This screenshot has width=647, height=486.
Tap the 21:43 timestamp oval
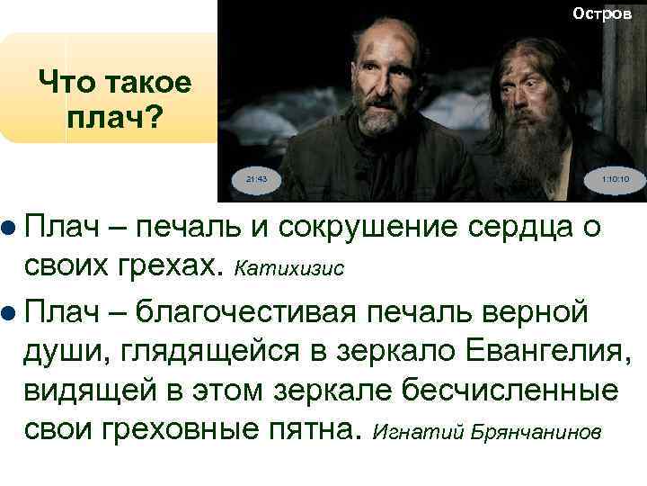256,179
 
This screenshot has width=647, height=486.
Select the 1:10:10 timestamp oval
616,179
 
